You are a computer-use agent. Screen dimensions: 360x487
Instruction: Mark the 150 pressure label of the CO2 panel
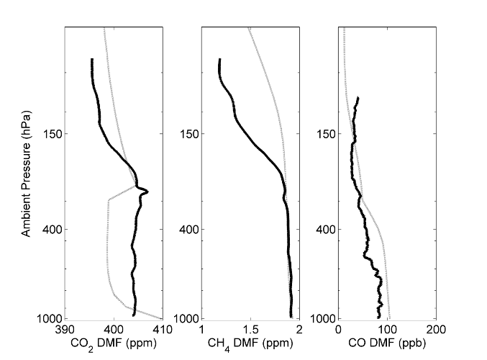click(52, 134)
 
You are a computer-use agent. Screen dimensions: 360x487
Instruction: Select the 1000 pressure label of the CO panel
click(323, 318)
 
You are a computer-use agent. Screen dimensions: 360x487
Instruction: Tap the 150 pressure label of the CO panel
click(326, 134)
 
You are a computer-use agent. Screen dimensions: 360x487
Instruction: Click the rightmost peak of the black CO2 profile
click(147, 191)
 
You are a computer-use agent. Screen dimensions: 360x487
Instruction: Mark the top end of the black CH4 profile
click(219, 60)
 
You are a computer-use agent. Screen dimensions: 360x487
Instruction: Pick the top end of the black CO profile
click(358, 98)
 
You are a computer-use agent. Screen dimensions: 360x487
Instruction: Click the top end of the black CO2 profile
click(92, 60)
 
